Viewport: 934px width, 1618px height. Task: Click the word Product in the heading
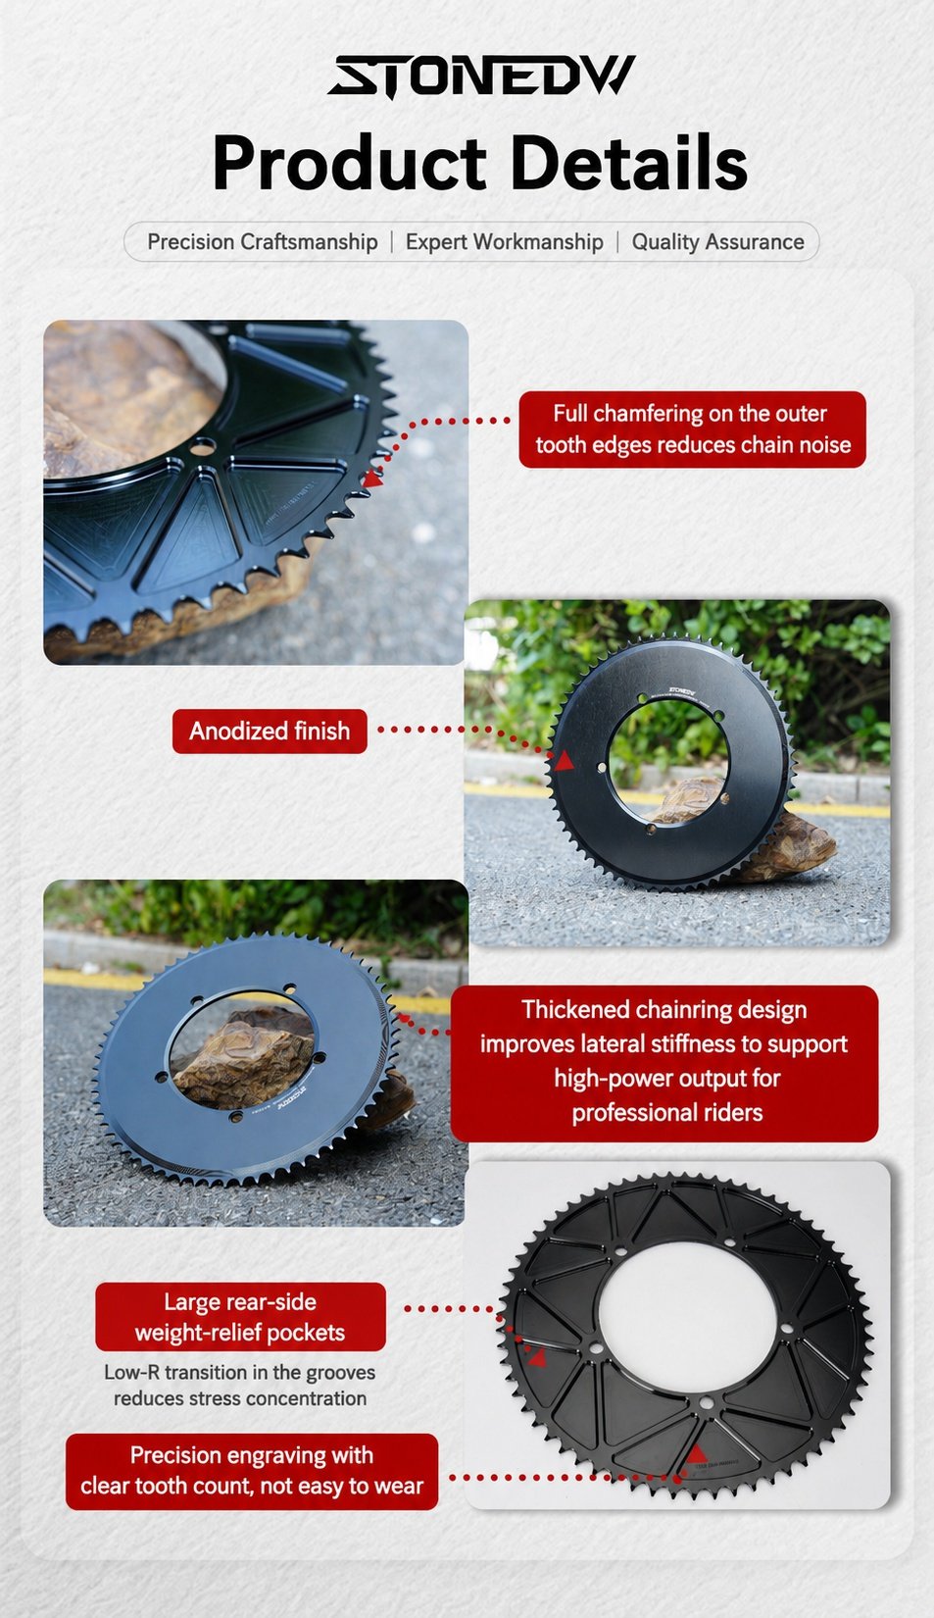(x=349, y=163)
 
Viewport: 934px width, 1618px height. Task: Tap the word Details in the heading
(x=628, y=163)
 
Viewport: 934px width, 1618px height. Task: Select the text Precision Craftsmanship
(x=263, y=242)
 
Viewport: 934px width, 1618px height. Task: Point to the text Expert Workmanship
(x=505, y=242)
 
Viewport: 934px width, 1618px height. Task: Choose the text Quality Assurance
(x=718, y=242)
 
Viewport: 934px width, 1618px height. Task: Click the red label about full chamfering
(x=692, y=430)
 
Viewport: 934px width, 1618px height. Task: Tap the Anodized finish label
(x=270, y=731)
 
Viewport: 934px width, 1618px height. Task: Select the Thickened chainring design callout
(x=664, y=1063)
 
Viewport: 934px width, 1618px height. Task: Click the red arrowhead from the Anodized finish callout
(x=565, y=760)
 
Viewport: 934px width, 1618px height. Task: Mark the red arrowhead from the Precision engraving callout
(x=695, y=1453)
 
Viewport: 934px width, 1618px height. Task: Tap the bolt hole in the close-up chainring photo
(x=203, y=447)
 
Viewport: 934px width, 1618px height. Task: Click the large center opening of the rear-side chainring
(x=687, y=1323)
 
